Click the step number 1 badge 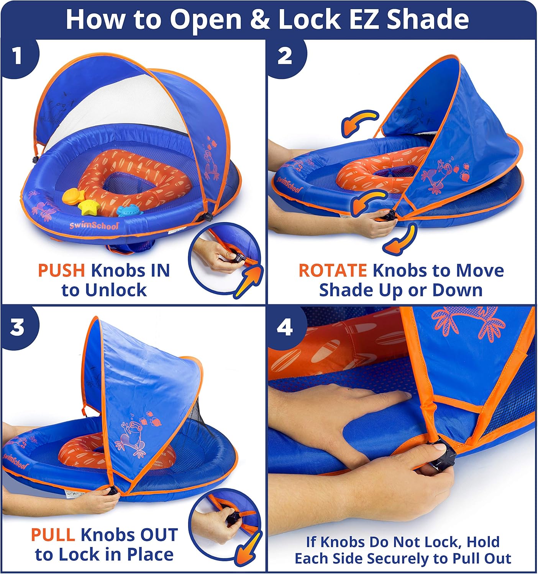click(17, 56)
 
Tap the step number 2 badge click(285, 56)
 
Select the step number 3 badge click(17, 328)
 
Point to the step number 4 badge click(285, 328)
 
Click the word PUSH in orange click(61, 271)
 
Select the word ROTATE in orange click(332, 271)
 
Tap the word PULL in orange click(52, 535)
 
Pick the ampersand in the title click(260, 20)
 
